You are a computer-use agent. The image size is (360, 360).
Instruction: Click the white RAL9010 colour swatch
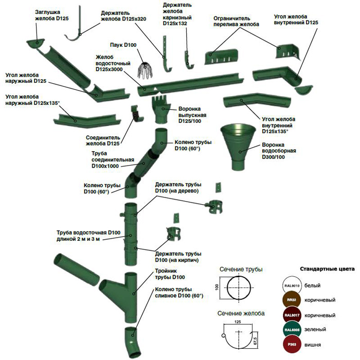[x=291, y=284]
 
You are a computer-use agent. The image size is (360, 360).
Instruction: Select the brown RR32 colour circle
[x=291, y=299]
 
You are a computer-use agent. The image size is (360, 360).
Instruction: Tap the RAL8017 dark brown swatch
[x=291, y=315]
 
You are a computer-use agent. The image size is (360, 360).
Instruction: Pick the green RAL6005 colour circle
[x=291, y=330]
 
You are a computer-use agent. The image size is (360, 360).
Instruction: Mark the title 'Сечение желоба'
[x=241, y=313]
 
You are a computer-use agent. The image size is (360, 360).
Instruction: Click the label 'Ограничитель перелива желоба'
[x=237, y=21]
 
